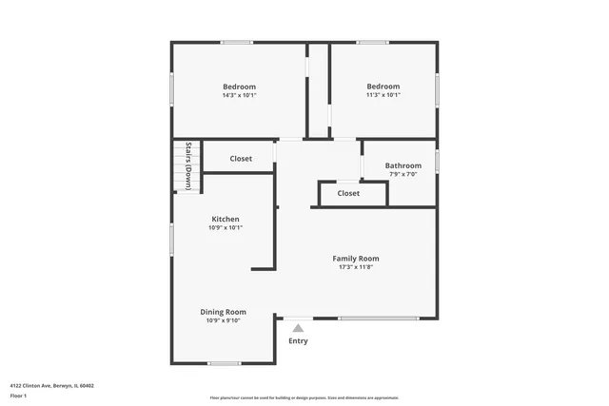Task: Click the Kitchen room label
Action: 226,220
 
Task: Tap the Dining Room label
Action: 224,312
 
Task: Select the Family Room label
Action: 356,259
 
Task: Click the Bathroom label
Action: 403,166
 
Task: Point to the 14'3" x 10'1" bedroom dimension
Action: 240,95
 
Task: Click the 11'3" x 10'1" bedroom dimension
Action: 383,95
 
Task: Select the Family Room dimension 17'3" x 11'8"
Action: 356,267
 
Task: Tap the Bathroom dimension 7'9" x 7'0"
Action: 403,175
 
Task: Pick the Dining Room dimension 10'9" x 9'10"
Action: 224,320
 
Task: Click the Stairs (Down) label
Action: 188,166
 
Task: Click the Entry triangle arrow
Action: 298,328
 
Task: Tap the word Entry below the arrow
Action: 298,340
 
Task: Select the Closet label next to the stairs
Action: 242,159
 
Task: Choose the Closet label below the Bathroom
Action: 349,193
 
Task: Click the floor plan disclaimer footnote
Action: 304,397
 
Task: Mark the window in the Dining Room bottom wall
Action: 225,363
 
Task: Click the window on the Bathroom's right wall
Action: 437,159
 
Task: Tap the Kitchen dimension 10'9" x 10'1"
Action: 226,228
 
